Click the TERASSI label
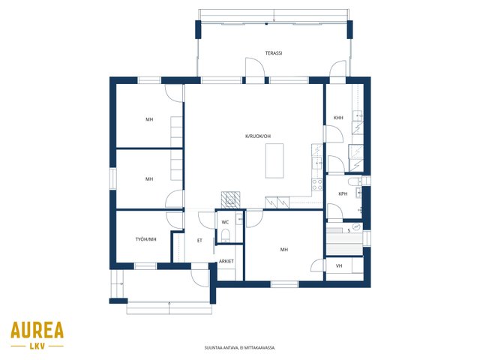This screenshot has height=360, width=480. (273, 53)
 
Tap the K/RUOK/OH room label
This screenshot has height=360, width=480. (258, 136)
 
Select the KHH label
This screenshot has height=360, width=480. (338, 118)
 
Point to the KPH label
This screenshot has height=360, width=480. (343, 193)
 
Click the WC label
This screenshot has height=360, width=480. (225, 222)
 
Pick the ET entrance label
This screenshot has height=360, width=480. (199, 241)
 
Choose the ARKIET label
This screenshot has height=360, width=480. (226, 261)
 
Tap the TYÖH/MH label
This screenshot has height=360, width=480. (146, 239)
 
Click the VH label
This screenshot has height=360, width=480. (339, 265)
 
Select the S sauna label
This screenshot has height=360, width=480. (349, 230)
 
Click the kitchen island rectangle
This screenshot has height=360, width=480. (274, 160)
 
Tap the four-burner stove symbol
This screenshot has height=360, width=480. (317, 184)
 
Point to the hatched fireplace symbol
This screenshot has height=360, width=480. (230, 200)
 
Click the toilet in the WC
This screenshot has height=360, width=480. (226, 235)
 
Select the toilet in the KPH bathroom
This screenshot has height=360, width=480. (355, 181)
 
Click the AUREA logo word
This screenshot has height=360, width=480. (37, 330)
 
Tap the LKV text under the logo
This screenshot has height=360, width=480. (37, 346)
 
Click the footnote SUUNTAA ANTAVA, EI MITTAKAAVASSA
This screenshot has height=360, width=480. (240, 348)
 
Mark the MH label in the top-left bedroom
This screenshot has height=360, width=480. (149, 119)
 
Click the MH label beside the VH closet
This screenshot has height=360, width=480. (284, 250)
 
